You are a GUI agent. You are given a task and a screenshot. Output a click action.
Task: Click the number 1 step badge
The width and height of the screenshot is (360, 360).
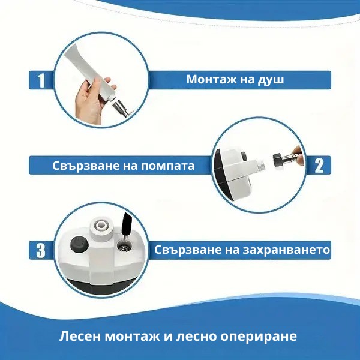(41, 80)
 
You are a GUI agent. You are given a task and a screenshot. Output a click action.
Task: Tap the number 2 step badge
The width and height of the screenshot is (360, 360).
(319, 166)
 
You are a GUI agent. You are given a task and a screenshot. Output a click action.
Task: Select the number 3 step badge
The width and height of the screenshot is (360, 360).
(41, 250)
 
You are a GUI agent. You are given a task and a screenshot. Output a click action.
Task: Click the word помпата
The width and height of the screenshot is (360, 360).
(167, 166)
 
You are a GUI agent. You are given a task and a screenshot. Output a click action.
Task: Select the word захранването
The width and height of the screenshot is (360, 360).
(286, 250)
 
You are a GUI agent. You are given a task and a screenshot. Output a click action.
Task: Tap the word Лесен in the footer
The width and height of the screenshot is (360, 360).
(80, 337)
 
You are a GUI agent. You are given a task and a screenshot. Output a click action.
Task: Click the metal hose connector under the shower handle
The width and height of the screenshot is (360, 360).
(121, 108)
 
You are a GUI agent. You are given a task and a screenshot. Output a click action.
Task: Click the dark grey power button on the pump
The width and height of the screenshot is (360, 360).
(79, 244)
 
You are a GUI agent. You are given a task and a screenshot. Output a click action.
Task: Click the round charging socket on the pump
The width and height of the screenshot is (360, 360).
(124, 248)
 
